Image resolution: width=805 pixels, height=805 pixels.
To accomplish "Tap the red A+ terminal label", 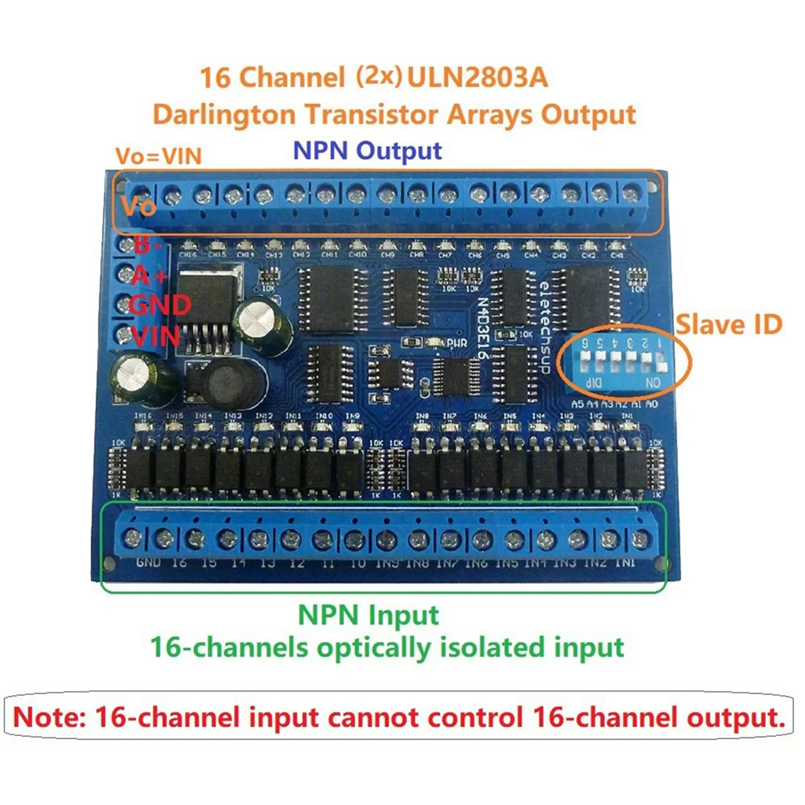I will coord(150,275).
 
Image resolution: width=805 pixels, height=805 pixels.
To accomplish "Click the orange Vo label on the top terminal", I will coord(139,206).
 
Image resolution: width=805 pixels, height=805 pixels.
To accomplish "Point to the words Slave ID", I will coord(729,325).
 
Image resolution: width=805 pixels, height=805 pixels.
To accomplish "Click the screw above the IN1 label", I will coord(641,539).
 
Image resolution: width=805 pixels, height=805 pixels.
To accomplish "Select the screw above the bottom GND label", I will coord(133,537).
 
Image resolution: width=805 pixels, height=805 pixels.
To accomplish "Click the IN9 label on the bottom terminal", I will coord(387,563).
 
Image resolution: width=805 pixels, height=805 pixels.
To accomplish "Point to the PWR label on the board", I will coord(456,343).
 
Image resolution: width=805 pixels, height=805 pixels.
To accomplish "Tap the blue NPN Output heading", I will coord(368,150).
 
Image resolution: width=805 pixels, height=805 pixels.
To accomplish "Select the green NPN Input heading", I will coord(368,614).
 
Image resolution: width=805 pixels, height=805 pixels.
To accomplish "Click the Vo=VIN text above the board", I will coord(158,156).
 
